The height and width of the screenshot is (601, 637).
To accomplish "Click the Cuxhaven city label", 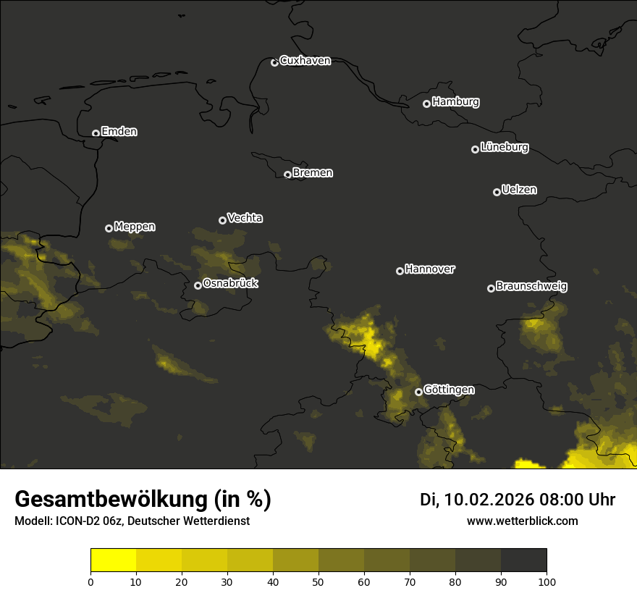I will (x=305, y=61).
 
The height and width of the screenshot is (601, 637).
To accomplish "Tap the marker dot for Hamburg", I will (x=427, y=104).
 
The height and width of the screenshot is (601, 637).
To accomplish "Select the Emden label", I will (x=119, y=132).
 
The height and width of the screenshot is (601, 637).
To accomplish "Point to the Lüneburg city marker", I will (x=476, y=149).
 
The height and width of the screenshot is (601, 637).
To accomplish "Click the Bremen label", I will (x=313, y=173).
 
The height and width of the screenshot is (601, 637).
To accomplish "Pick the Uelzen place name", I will (x=519, y=190).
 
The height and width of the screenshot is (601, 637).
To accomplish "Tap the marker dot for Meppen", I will (x=109, y=228).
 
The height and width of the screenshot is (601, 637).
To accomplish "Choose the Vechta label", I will (x=245, y=218).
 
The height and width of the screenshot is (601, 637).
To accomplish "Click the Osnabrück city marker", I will (x=198, y=285).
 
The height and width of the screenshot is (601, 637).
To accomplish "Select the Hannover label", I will (x=430, y=269).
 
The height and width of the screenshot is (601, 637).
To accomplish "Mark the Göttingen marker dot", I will (x=418, y=392).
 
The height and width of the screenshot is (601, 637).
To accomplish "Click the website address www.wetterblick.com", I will (x=522, y=521).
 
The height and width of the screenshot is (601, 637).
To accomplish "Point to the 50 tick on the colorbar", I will (x=318, y=581).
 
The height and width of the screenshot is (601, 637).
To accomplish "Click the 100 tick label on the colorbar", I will (x=547, y=581).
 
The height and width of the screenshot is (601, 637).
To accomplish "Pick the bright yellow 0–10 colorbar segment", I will (x=114, y=560).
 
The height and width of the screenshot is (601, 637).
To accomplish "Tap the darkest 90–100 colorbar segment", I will (x=523, y=560).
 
